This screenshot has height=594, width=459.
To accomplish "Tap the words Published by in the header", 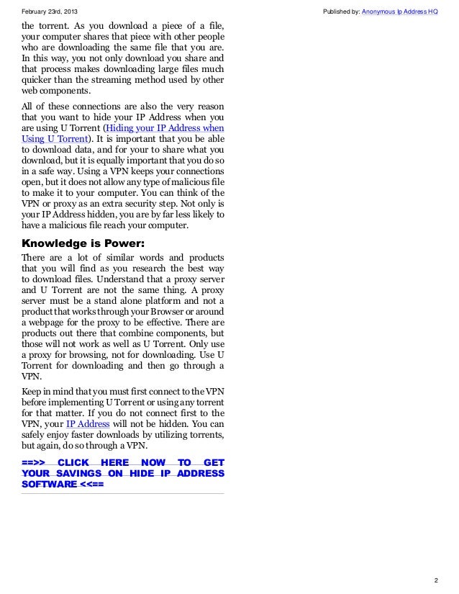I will click(x=342, y=12).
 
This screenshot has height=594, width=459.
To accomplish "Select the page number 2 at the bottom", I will click(x=436, y=580).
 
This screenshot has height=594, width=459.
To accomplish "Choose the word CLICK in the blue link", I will click(x=74, y=462).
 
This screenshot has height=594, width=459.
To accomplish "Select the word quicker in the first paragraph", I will click(x=38, y=80).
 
